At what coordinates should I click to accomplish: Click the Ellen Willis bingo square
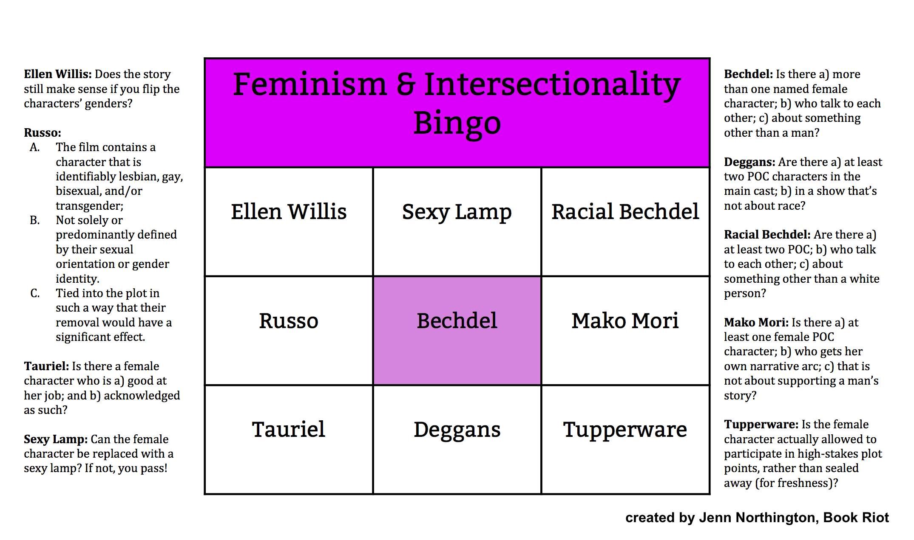(289, 222)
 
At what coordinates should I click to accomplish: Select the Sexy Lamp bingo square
(457, 222)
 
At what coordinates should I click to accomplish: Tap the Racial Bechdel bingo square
(625, 222)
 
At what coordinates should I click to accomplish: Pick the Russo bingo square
(289, 331)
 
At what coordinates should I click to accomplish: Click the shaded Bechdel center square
(457, 331)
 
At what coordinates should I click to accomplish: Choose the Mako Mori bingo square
(625, 331)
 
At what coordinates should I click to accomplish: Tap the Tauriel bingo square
(289, 440)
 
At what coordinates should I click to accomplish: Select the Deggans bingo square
(457, 440)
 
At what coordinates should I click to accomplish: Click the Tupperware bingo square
(625, 440)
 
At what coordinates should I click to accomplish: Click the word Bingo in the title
(457, 123)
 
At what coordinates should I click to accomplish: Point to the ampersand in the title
(406, 84)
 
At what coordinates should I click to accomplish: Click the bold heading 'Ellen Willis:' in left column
(58, 74)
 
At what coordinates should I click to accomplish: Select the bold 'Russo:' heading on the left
(43, 133)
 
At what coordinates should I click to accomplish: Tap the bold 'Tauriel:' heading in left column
(46, 366)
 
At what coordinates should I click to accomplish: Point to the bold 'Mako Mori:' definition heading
(756, 323)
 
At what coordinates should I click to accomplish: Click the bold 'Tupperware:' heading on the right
(761, 425)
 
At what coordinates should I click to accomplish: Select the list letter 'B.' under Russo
(35, 220)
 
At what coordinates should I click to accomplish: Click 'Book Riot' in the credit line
(856, 517)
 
